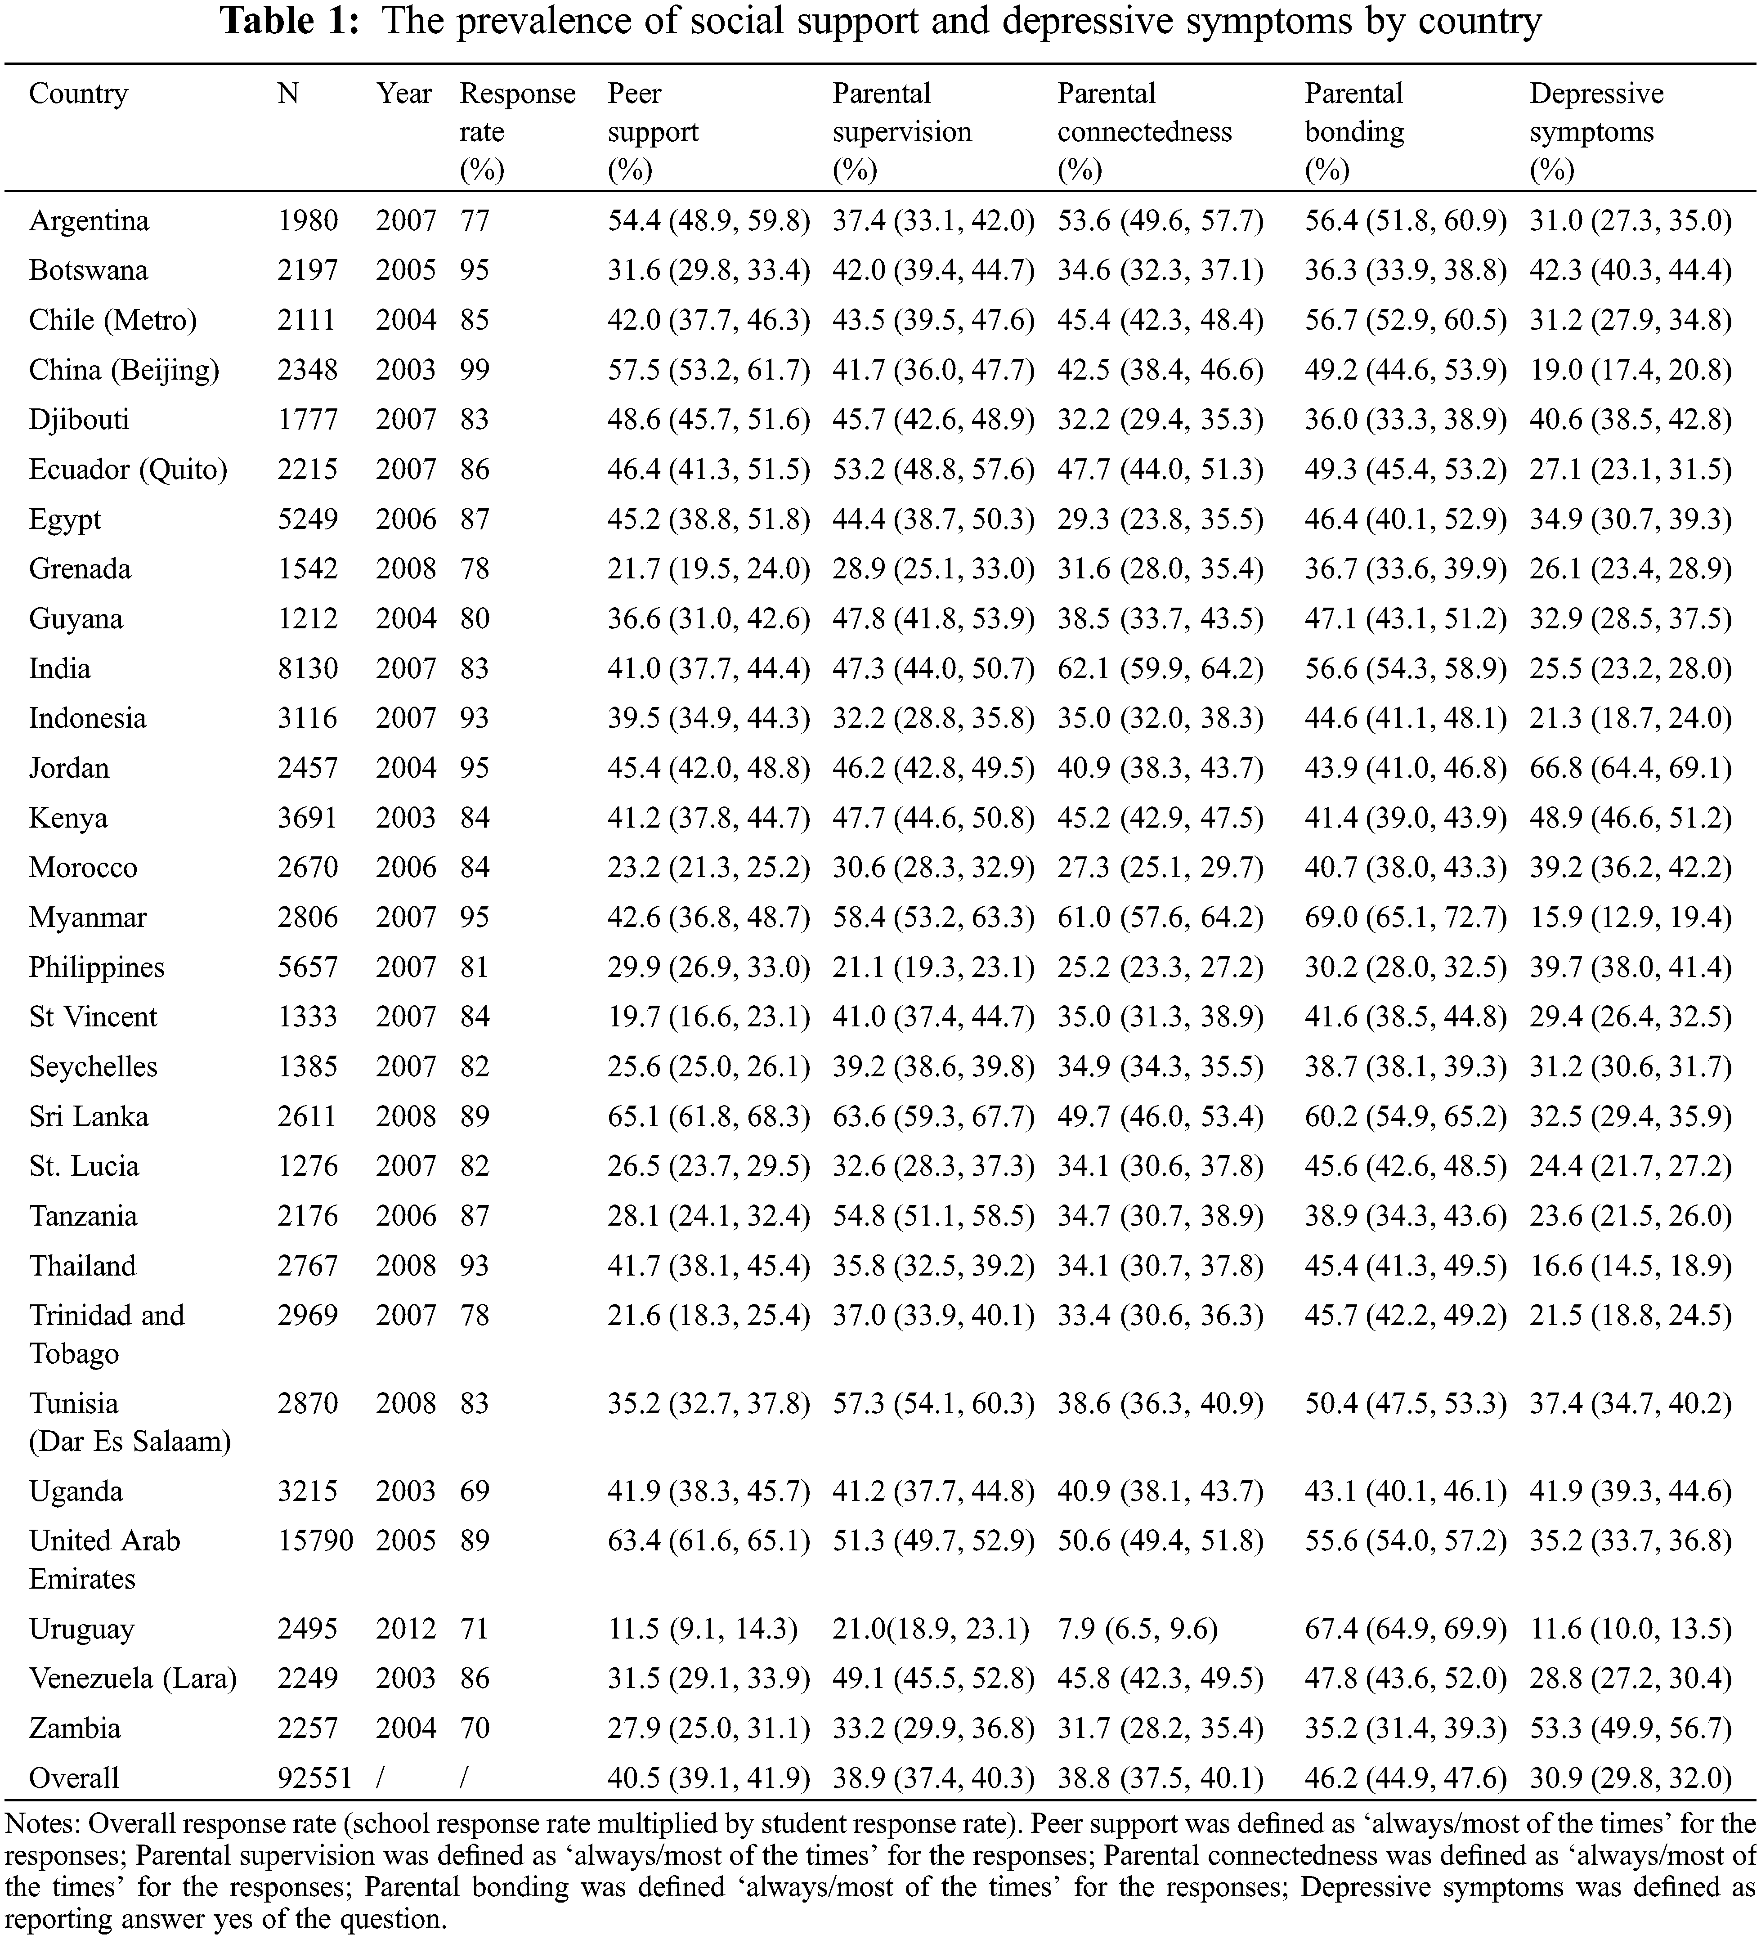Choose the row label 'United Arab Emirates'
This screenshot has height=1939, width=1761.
[104, 1559]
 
